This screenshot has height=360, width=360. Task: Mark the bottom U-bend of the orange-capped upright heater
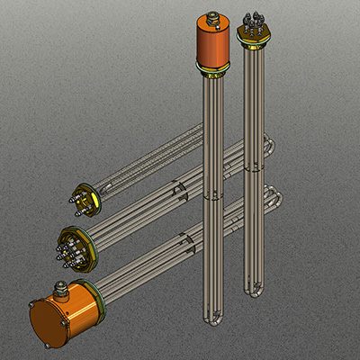pyautogui.click(x=210, y=319)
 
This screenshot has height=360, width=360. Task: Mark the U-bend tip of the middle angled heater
pyautogui.click(x=267, y=145)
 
